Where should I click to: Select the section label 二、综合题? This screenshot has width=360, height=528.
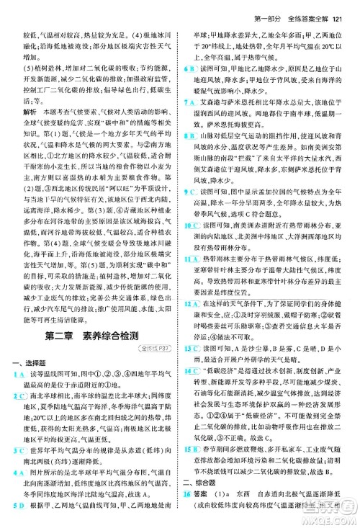coord(199,503)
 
